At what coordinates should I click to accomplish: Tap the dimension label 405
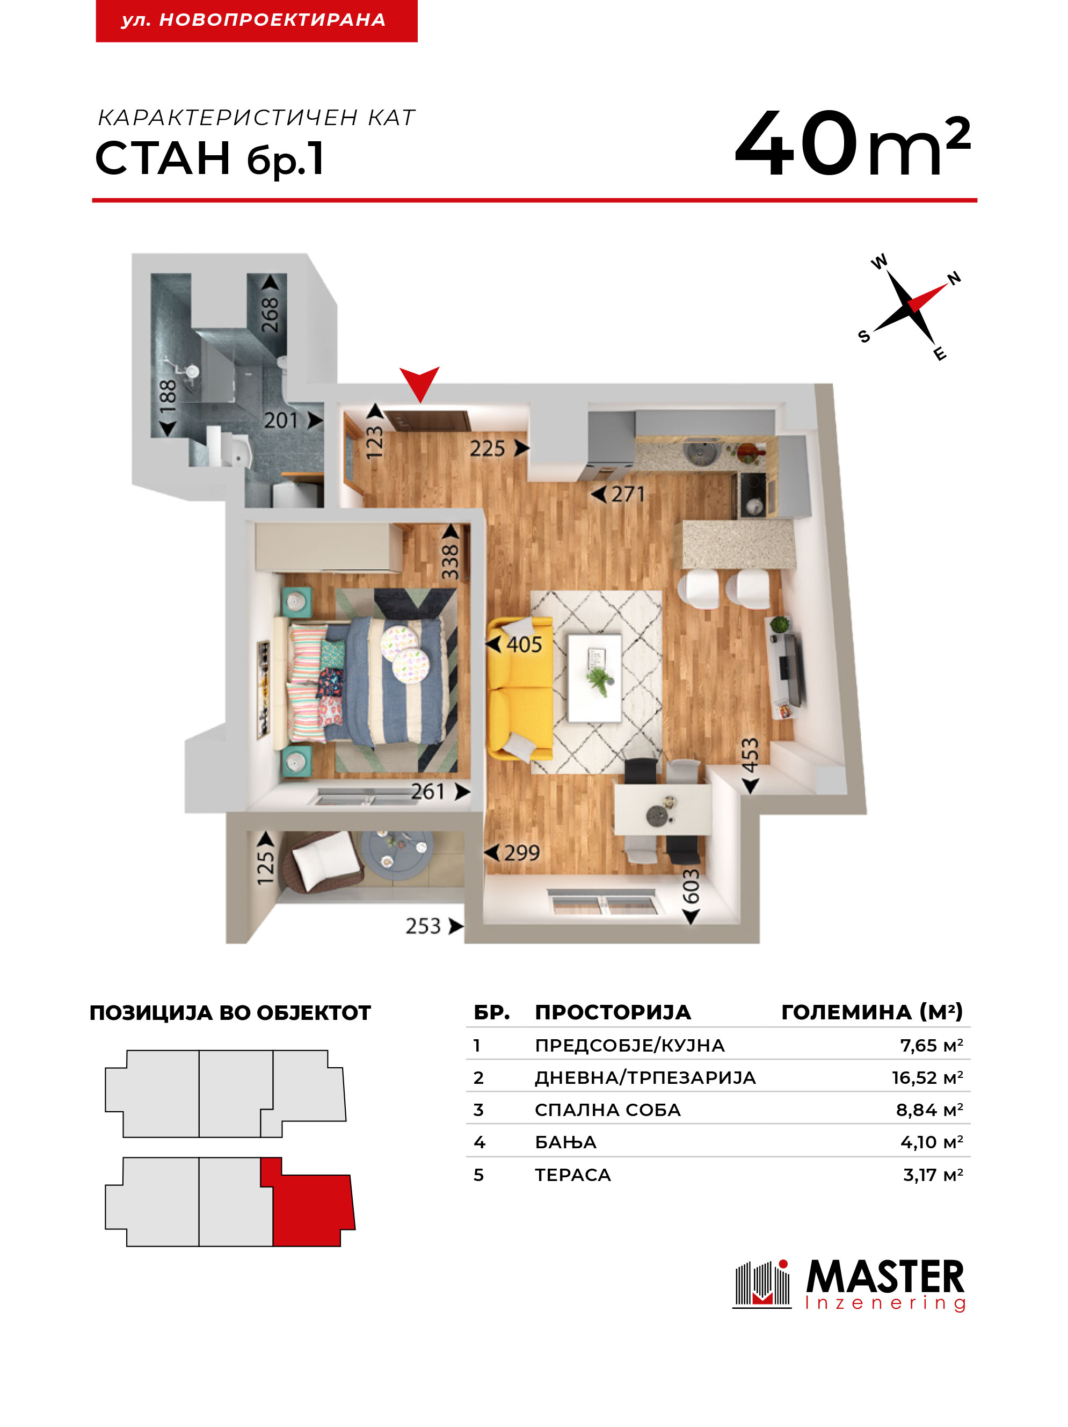click(x=524, y=644)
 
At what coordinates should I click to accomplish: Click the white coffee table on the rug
click(x=594, y=677)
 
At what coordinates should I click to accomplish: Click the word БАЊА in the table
click(x=565, y=1142)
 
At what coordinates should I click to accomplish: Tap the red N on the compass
click(x=953, y=278)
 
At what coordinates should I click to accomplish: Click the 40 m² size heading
click(x=852, y=143)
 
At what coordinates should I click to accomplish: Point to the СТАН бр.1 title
click(x=209, y=158)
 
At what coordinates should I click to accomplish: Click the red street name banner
click(x=257, y=20)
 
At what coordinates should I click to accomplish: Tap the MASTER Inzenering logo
click(x=849, y=1285)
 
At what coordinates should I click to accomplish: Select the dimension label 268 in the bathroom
click(x=270, y=314)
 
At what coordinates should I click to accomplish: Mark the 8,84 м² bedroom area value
click(x=929, y=1110)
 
